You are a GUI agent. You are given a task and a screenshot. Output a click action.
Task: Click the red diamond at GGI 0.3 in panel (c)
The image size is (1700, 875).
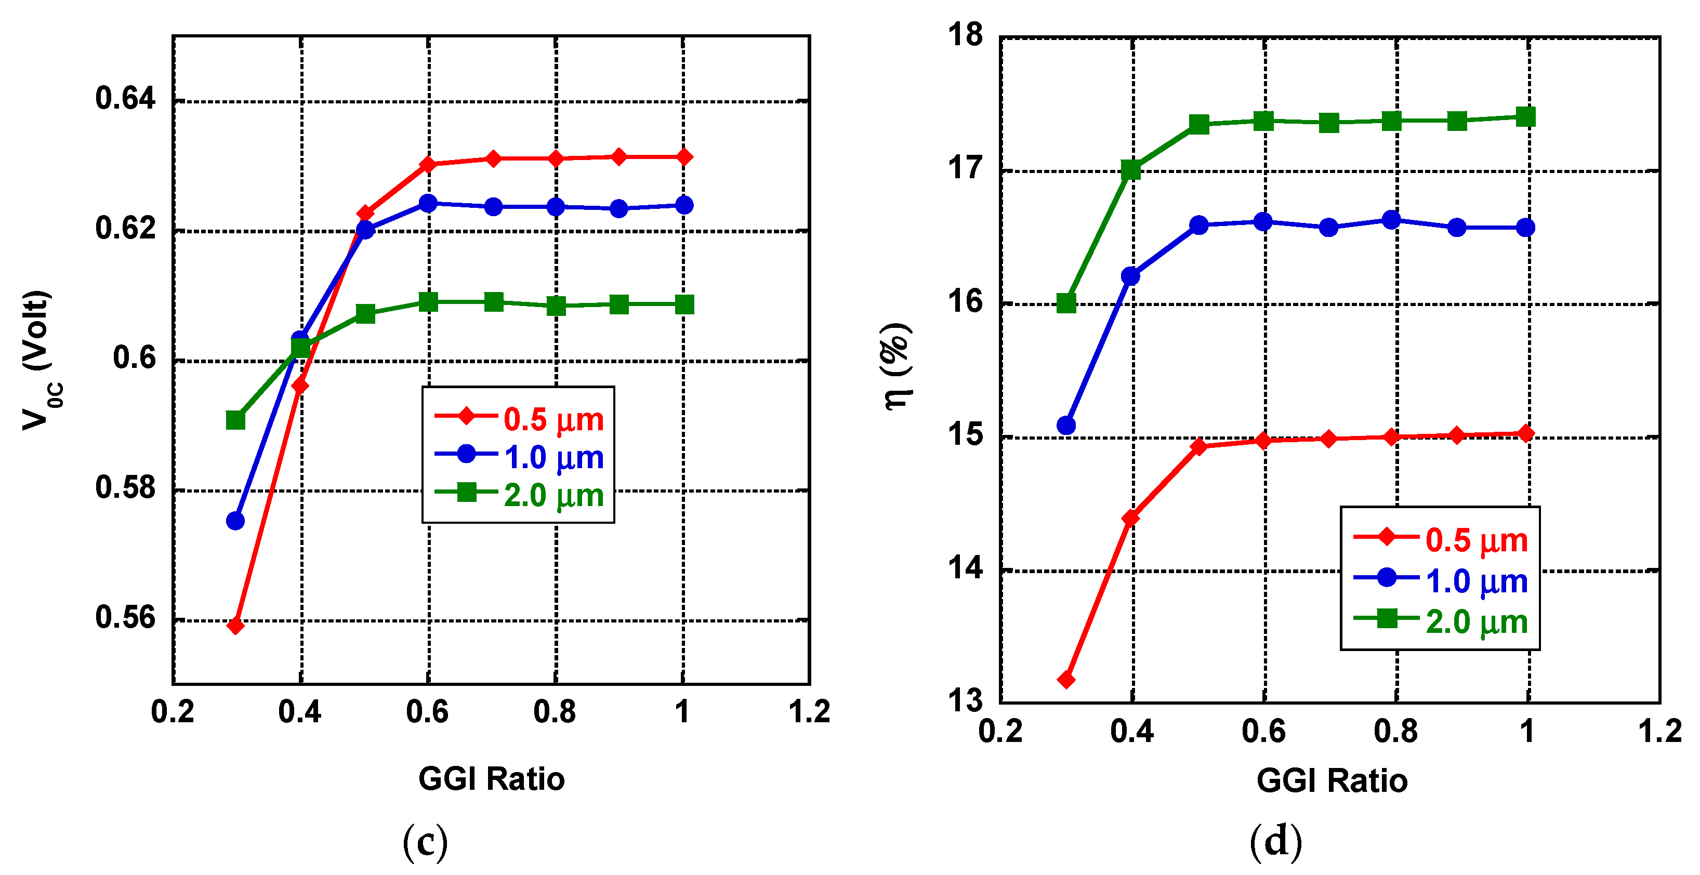[235, 625]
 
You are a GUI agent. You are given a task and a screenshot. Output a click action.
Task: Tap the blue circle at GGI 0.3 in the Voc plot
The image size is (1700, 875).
[235, 521]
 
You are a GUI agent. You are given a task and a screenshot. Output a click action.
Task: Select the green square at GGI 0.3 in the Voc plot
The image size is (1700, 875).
[235, 420]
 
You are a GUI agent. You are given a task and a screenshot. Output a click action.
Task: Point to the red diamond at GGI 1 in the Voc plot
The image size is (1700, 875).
[684, 157]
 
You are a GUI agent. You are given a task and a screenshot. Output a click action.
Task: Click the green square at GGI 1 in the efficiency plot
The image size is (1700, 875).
[1525, 117]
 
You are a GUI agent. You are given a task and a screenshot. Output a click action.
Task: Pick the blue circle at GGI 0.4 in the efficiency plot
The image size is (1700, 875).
[1130, 276]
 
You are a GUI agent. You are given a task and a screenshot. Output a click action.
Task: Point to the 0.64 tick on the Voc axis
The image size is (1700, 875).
[125, 98]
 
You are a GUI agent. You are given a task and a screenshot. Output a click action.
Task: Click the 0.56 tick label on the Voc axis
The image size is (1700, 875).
[125, 618]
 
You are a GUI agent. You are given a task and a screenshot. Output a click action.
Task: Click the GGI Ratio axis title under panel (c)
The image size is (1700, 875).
[492, 779]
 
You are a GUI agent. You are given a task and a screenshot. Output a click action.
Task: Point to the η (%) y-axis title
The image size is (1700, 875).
[898, 367]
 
